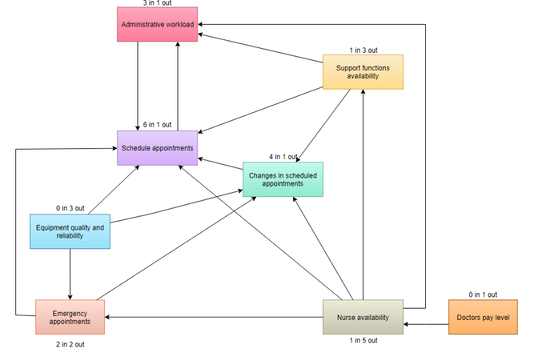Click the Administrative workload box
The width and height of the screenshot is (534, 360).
[158, 25]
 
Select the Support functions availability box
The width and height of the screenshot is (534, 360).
[362, 71]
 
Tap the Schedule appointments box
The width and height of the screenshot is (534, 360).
[158, 148]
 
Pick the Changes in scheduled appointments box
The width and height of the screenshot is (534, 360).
[282, 179]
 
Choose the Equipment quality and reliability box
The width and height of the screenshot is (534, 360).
[70, 231]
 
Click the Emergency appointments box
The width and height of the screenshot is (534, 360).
[70, 317]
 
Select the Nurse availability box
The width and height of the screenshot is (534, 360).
[362, 317]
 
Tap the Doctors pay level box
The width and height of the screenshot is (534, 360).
[483, 317]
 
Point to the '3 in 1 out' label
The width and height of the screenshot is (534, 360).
[158, 3]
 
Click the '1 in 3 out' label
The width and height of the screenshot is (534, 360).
[362, 50]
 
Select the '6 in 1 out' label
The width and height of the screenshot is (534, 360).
[158, 125]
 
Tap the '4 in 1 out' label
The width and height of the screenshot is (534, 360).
[282, 157]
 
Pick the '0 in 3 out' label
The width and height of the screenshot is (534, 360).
[70, 208]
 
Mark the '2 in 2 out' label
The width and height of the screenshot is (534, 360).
[70, 345]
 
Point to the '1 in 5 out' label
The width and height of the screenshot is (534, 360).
[362, 341]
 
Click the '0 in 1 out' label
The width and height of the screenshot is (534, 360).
[483, 295]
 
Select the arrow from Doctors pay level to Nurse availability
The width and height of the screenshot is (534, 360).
[426, 325]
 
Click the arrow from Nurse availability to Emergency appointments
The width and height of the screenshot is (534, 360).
[214, 317]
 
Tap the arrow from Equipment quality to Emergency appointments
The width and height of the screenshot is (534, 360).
[70, 274]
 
